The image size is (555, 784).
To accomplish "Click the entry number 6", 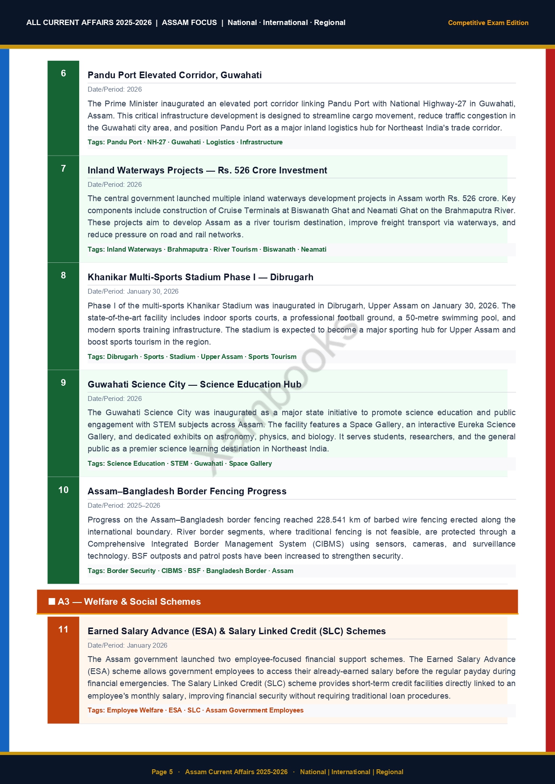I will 63,73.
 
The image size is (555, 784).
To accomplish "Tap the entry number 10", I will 63,490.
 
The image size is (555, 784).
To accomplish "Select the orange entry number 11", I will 63,629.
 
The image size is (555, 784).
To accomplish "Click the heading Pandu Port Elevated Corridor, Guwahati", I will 174,75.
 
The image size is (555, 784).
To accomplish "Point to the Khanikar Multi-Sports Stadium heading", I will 200,277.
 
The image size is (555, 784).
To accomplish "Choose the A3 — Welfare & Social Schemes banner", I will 277,602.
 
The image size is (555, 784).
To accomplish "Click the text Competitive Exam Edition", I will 488,23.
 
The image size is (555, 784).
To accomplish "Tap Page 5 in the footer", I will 162,771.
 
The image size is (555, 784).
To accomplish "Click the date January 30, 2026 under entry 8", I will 153,291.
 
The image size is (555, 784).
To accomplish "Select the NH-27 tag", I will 157,142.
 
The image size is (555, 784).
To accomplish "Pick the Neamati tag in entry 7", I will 314,249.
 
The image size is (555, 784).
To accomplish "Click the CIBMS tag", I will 172,571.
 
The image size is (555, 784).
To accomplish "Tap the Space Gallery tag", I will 250,464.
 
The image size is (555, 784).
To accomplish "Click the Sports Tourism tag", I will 272,357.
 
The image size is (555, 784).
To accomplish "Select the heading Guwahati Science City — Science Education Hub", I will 194,384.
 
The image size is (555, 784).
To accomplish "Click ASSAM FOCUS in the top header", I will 189,23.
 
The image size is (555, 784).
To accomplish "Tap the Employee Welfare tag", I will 135,710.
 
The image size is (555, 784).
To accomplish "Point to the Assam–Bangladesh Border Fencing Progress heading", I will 187,491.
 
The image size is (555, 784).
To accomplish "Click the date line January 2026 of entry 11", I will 147,645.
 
